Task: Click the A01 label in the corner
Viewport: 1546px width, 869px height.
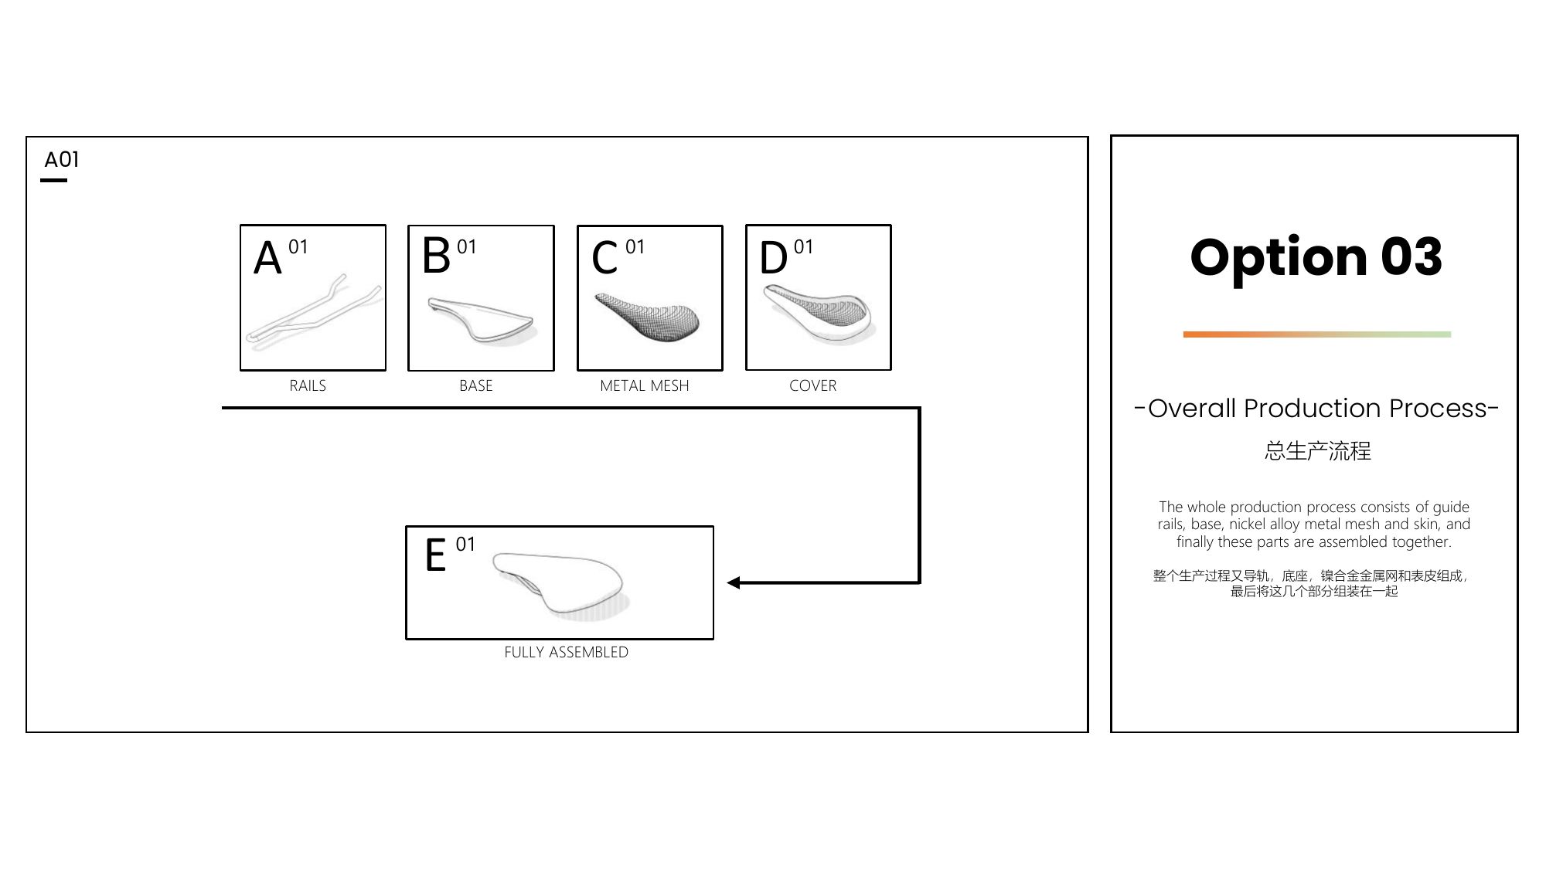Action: coord(62,160)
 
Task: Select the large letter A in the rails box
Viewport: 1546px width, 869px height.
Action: coord(267,257)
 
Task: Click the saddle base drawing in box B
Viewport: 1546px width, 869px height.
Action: coord(481,320)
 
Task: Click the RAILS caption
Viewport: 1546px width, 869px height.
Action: coord(308,385)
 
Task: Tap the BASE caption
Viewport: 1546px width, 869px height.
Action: coord(476,385)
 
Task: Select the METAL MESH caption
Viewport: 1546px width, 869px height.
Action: coord(645,385)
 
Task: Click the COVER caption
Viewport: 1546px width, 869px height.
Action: coord(813,385)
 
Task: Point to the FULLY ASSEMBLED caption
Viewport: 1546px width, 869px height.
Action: coord(567,652)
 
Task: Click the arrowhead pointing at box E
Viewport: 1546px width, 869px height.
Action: coord(734,582)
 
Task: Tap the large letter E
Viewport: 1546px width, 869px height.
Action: coord(436,555)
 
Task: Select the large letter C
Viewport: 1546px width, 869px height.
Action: coord(604,257)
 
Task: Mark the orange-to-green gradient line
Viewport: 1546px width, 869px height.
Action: coord(1317,334)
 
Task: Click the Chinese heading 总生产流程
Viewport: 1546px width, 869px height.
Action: coord(1318,451)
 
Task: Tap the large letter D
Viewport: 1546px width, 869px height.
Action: coord(774,257)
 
